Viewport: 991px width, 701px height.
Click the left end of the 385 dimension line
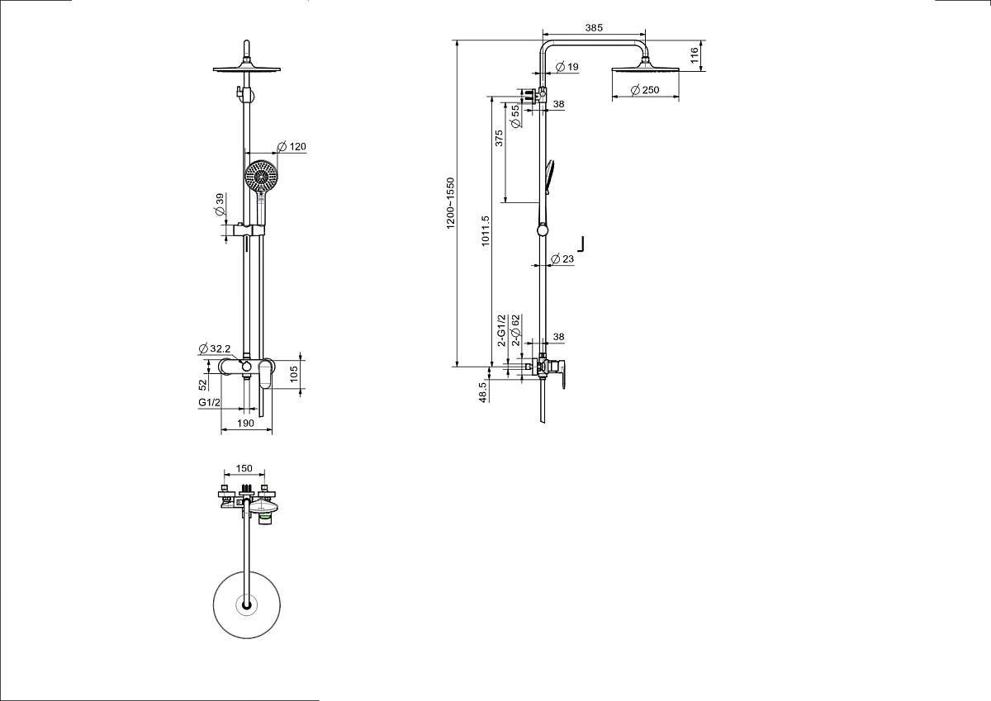point(543,34)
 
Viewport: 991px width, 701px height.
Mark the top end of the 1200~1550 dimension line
point(457,40)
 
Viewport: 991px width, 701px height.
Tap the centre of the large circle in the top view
point(247,604)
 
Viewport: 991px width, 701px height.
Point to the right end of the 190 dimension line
point(272,429)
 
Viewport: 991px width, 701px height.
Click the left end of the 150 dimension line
point(225,474)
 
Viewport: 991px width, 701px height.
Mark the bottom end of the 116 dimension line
point(702,71)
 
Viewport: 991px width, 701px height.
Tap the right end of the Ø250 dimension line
point(679,97)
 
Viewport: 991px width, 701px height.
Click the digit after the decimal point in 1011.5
point(486,219)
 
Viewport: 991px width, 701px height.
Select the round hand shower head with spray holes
point(262,176)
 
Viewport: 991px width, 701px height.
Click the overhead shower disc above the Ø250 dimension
point(646,68)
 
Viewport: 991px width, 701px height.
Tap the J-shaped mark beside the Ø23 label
point(581,244)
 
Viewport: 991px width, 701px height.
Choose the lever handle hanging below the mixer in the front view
point(266,374)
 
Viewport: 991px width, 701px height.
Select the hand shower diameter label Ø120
point(292,146)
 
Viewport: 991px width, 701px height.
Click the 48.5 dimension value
point(482,392)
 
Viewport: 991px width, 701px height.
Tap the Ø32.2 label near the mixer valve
point(215,348)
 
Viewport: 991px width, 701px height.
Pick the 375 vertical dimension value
point(499,138)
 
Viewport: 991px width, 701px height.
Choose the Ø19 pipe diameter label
point(567,67)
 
